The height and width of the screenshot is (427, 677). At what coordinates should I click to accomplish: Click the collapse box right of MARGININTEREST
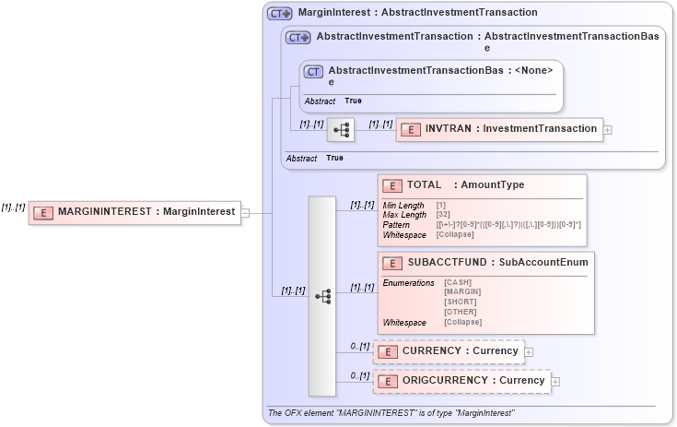245,212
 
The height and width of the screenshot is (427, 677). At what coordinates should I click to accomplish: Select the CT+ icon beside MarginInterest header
279,14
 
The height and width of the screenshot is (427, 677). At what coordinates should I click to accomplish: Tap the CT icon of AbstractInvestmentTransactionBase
313,71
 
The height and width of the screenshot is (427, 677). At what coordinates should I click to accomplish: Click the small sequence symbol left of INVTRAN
341,130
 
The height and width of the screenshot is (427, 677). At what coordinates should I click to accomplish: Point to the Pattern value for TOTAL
508,225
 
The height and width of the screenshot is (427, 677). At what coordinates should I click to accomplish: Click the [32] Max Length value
443,215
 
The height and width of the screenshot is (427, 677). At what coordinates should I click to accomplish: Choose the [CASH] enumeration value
458,281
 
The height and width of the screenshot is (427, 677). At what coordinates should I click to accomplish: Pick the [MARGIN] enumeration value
461,291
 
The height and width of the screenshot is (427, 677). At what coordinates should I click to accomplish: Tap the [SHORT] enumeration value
460,302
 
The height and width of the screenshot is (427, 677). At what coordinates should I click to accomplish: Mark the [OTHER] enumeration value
460,312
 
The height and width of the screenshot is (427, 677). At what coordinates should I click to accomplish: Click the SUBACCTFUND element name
446,262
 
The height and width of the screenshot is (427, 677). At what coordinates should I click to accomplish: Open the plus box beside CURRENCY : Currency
529,351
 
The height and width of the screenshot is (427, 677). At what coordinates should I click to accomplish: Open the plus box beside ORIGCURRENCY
555,381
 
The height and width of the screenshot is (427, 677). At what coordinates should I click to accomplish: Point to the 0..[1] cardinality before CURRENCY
359,346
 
